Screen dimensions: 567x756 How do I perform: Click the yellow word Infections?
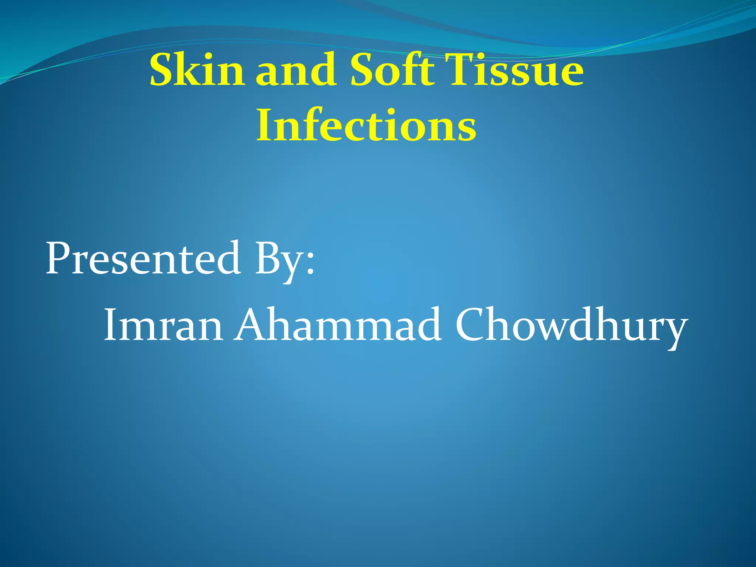[x=366, y=126]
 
